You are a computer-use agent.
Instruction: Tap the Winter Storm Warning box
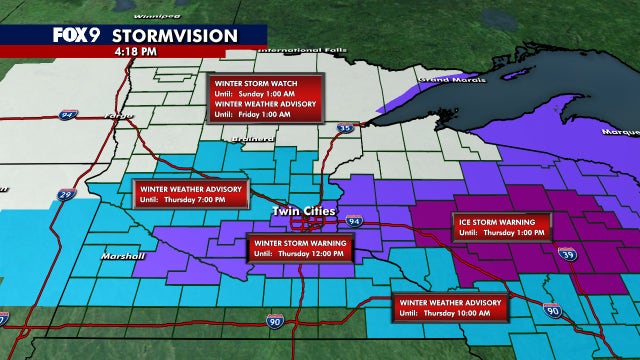click(300, 247)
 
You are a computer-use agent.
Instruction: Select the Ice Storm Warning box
click(500, 227)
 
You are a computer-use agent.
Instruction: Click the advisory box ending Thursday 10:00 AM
click(449, 306)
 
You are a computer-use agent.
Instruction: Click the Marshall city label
click(117, 257)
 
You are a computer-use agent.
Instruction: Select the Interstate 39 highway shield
click(568, 255)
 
